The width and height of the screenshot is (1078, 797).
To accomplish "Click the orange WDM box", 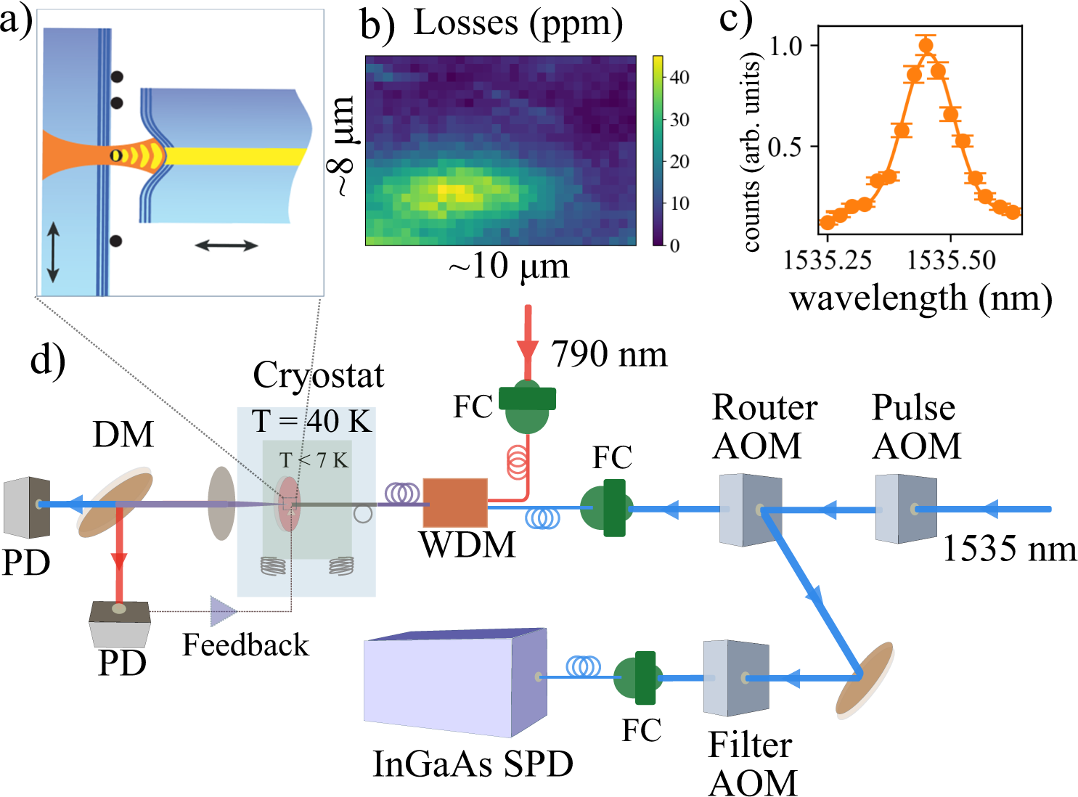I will [454, 502].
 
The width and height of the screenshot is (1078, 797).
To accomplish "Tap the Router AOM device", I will [750, 510].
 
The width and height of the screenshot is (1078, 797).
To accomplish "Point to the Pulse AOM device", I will [905, 510].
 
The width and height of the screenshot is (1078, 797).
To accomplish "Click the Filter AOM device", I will [735, 678].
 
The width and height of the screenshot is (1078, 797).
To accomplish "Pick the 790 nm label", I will [608, 354].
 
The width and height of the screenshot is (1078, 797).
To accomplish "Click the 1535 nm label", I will [1009, 549].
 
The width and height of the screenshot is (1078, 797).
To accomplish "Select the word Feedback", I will [245, 645].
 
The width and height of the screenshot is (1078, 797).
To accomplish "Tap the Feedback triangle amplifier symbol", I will [222, 611].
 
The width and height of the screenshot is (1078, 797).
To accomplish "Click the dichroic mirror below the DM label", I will [116, 505].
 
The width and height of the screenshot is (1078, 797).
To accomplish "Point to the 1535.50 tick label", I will [951, 260].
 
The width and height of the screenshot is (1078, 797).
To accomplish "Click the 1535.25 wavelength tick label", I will [828, 260].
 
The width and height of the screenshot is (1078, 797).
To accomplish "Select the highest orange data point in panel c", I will [926, 46].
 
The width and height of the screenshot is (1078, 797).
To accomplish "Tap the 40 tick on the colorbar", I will [679, 77].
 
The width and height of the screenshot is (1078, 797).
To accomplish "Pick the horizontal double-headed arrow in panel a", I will [226, 246].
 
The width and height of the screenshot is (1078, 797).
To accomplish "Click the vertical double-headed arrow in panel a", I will [53, 253].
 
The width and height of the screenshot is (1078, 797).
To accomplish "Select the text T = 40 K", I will [311, 421].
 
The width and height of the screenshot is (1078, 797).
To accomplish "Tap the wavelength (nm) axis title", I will [920, 298].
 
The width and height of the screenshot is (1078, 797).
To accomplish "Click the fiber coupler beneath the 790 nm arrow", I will [528, 406].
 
